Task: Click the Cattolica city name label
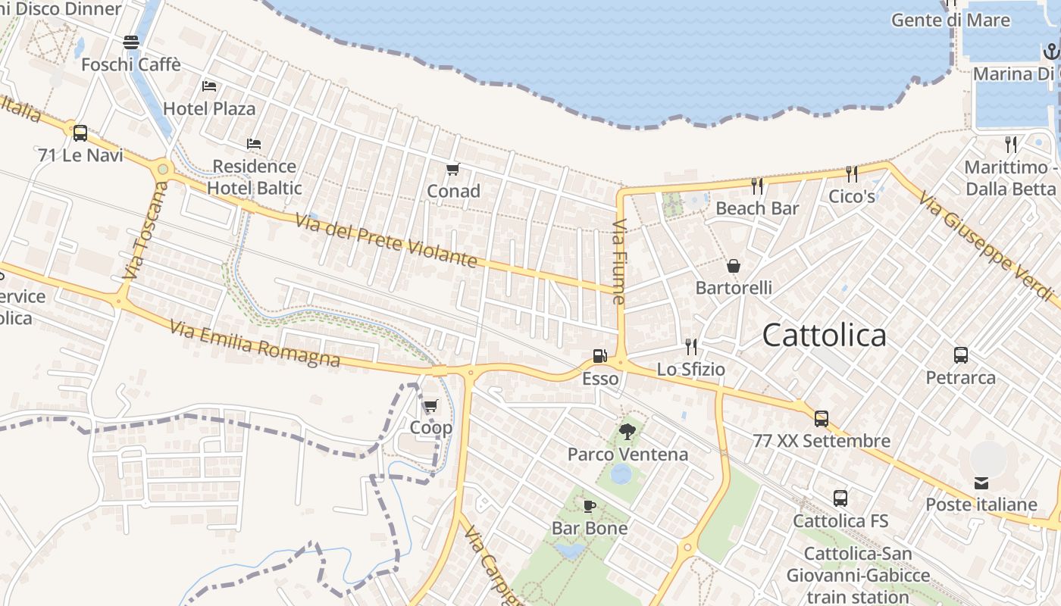824,335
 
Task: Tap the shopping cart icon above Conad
453,169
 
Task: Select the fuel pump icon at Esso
599,355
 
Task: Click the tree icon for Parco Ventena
627,432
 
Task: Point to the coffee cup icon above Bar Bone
589,506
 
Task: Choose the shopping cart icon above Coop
430,406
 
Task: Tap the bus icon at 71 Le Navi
80,133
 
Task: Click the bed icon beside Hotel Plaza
210,86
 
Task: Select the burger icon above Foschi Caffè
131,42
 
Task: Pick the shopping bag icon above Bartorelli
734,266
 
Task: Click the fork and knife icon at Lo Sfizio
690,347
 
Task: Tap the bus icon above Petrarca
961,355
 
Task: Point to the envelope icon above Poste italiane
981,483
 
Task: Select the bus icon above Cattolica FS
840,498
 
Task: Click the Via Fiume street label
619,262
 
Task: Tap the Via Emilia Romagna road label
255,344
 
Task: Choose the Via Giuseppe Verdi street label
985,247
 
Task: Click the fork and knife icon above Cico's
852,174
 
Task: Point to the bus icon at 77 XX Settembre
822,418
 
